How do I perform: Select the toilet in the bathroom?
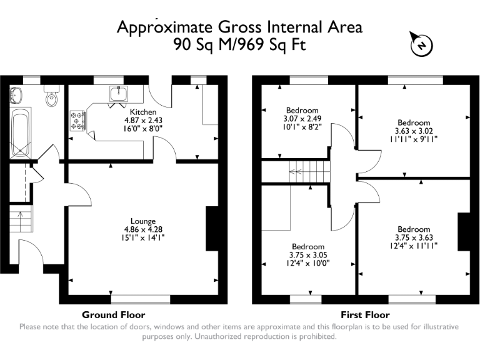click(x=51, y=97)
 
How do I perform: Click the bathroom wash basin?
click(x=16, y=95)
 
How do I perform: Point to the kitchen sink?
click(x=119, y=94)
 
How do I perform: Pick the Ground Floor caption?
click(x=113, y=315)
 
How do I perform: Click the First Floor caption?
click(x=365, y=315)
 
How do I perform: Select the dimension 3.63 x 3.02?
click(x=414, y=131)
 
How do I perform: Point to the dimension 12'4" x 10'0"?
click(x=307, y=263)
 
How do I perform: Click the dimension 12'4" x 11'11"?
click(x=414, y=246)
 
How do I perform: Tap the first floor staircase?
click(x=306, y=169)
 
